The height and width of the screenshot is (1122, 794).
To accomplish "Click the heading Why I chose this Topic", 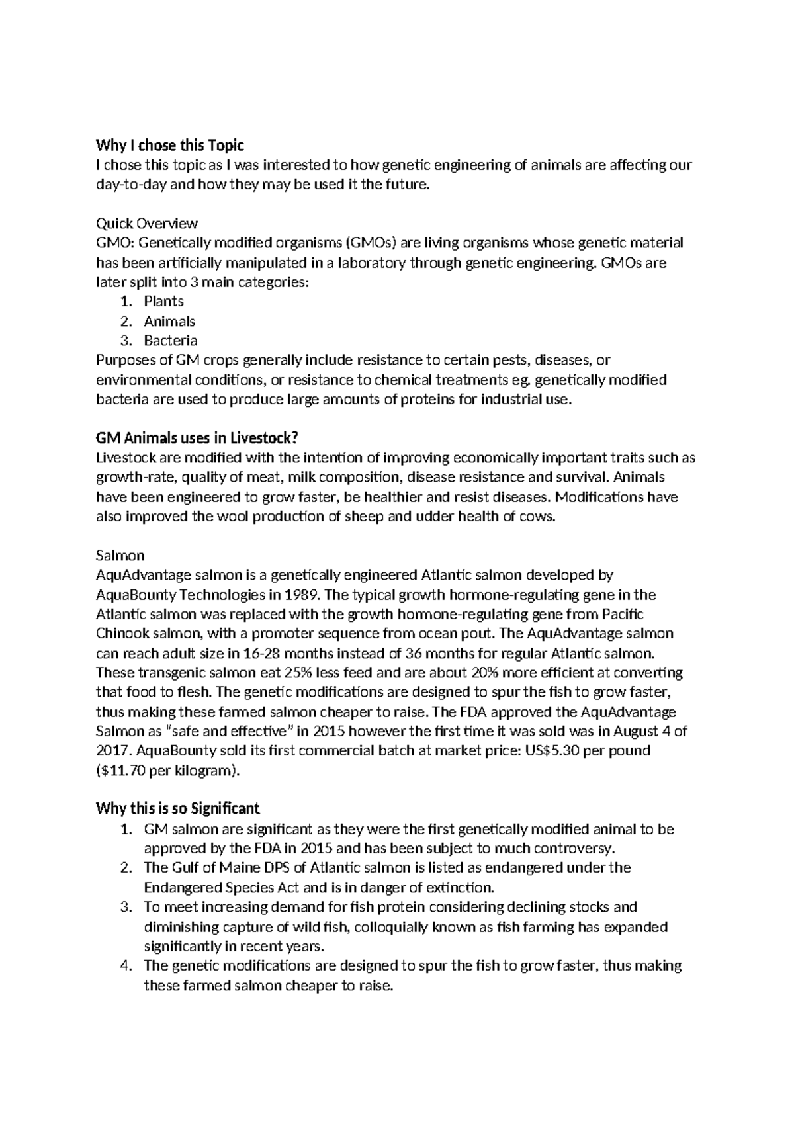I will pyautogui.click(x=170, y=145).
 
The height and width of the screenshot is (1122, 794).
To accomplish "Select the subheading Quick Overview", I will pyautogui.click(x=147, y=223).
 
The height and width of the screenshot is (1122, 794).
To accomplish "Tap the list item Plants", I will pyautogui.click(x=163, y=302).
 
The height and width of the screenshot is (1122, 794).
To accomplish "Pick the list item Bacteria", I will pyautogui.click(x=170, y=341).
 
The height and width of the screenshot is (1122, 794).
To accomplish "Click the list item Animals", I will pyautogui.click(x=169, y=322).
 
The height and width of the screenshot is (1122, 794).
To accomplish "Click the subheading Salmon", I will pyautogui.click(x=120, y=555).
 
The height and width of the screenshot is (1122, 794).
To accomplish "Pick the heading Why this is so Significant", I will pyautogui.click(x=177, y=808).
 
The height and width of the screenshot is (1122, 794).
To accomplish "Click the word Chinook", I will pyautogui.click(x=123, y=634).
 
